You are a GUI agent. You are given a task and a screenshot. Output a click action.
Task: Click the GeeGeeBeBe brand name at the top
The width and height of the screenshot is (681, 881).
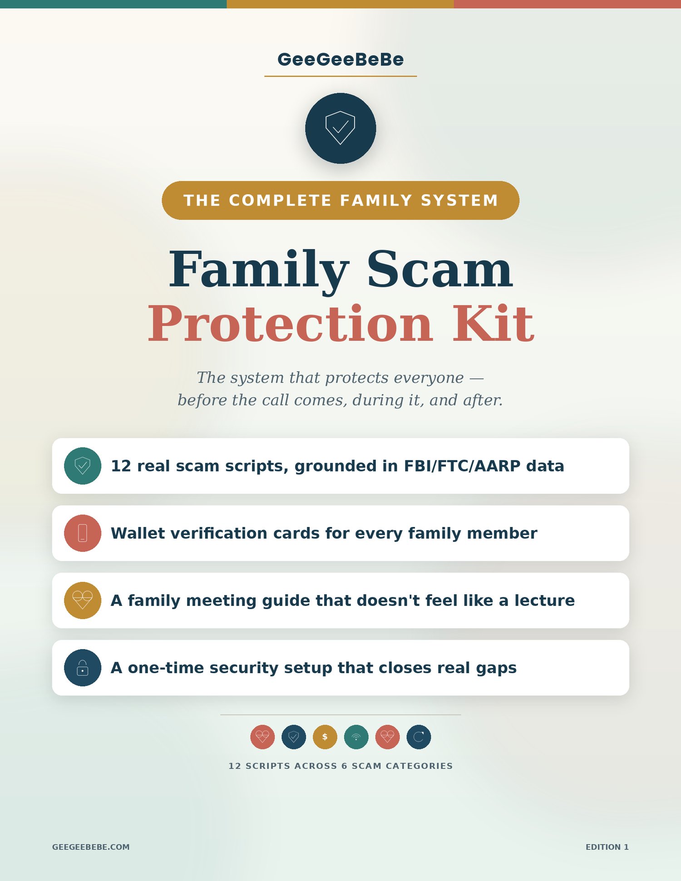click(340, 59)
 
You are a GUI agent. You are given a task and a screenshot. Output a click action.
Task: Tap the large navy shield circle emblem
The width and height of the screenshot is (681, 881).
click(340, 128)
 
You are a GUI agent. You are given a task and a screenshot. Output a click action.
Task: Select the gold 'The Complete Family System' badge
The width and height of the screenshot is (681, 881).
click(340, 200)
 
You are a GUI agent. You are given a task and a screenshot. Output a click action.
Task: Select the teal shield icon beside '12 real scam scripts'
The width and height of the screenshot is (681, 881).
click(83, 466)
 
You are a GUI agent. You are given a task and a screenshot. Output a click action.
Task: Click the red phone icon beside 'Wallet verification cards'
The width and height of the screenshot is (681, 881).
click(83, 533)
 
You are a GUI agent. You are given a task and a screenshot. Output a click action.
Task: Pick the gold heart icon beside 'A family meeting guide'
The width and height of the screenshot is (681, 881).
click(83, 600)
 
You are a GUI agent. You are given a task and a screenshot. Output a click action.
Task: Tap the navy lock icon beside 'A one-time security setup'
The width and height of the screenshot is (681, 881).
click(83, 667)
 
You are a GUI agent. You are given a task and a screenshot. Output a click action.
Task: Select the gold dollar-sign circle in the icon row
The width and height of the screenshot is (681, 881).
click(325, 737)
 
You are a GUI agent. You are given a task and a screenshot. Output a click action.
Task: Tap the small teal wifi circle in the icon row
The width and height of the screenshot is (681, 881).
click(356, 737)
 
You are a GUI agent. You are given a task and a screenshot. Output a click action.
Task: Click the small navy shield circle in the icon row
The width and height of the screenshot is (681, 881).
click(294, 737)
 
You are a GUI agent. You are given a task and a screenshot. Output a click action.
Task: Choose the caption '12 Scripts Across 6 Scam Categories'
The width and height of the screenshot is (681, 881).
click(340, 766)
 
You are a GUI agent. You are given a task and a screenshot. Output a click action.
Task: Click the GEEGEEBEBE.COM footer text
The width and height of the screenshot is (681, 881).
click(91, 847)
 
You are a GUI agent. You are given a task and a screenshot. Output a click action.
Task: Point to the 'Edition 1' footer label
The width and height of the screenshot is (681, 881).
click(607, 847)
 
